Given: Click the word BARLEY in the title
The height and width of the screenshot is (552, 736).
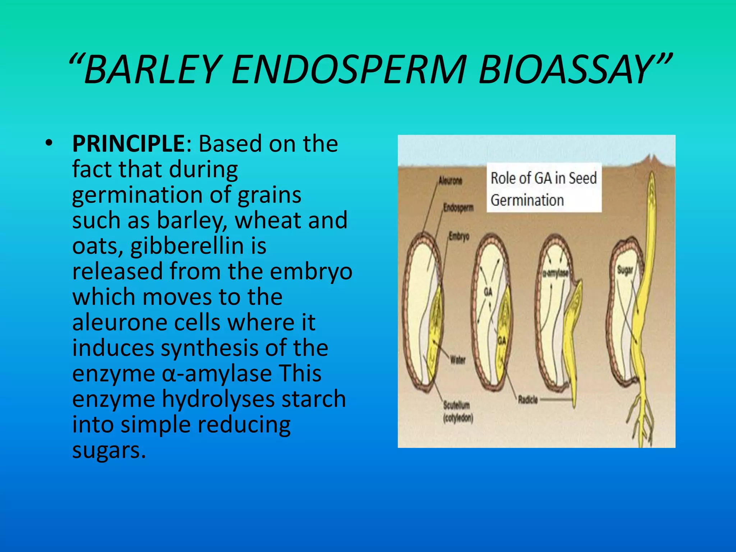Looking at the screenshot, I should (151, 69).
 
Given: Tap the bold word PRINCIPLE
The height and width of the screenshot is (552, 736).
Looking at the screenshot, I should (128, 144).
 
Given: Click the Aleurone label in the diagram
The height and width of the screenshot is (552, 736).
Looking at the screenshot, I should (450, 181).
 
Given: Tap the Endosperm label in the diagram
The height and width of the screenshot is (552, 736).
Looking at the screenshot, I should (458, 208).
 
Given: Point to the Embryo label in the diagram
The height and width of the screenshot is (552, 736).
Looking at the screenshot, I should (459, 236).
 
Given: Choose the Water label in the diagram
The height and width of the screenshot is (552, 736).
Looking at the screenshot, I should (457, 360).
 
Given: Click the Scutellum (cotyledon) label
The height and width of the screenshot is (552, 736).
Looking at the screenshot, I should (457, 411).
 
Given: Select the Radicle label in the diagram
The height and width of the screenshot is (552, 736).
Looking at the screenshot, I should (528, 400).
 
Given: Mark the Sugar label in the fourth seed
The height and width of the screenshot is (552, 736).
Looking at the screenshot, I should (625, 270).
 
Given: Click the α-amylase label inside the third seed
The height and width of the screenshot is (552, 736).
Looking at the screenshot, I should (555, 273).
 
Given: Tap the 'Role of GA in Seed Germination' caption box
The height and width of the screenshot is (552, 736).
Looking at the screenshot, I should (544, 189).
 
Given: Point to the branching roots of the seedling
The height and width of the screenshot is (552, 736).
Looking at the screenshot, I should (641, 417).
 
